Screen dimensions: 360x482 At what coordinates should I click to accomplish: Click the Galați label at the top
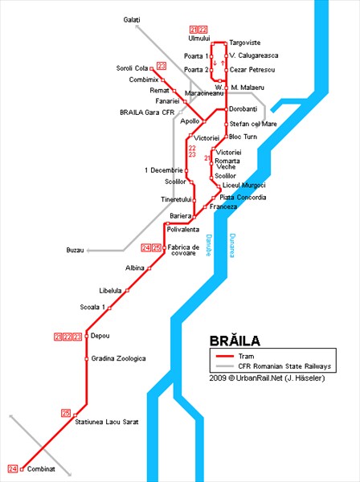[x=132, y=20]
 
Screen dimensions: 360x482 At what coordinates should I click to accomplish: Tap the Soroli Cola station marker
[x=151, y=68]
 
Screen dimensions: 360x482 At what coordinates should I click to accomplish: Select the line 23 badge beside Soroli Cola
[x=162, y=66]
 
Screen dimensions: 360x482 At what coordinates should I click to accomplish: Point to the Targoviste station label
[x=245, y=43]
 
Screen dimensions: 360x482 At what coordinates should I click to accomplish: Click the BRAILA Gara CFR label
[x=147, y=112]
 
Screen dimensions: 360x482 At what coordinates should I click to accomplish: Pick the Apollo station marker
[x=204, y=122]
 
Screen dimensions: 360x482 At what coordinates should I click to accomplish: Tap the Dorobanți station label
[x=243, y=109]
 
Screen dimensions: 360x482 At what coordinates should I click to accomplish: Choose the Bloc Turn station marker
[x=226, y=137]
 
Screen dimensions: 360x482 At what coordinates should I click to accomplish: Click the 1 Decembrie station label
[x=164, y=170]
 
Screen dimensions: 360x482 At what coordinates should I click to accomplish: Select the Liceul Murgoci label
[x=243, y=186]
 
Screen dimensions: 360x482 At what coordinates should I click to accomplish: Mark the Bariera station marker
[x=194, y=217]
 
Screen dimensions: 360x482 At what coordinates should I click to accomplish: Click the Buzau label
[x=75, y=250]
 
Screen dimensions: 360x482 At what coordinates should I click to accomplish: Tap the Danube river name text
[x=209, y=245]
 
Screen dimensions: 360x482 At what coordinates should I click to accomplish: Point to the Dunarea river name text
[x=232, y=245]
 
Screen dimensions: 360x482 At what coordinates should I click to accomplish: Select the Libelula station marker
[x=127, y=291]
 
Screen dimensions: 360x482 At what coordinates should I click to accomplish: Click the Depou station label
[x=100, y=336]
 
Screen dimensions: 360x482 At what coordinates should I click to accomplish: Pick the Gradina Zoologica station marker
[x=87, y=359]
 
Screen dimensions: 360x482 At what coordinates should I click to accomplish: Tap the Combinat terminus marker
[x=22, y=469]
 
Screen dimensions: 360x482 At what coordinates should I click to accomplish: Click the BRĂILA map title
[x=235, y=341]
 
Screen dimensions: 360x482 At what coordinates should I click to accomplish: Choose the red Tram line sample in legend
[x=225, y=357]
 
